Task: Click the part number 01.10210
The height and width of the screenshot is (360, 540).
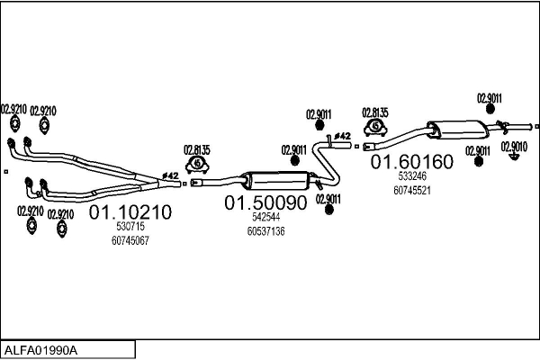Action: pyautogui.click(x=129, y=212)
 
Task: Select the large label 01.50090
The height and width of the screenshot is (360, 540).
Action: pyautogui.click(x=265, y=203)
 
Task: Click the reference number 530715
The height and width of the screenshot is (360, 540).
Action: pyautogui.click(x=130, y=229)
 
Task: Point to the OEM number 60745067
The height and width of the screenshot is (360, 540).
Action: pyautogui.click(x=130, y=240)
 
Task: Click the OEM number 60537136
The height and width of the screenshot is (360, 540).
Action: pyautogui.click(x=265, y=231)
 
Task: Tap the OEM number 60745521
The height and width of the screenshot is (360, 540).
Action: pyautogui.click(x=412, y=190)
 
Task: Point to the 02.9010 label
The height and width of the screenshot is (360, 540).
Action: pyautogui.click(x=514, y=146)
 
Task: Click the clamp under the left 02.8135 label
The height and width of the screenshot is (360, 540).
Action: pyautogui.click(x=198, y=165)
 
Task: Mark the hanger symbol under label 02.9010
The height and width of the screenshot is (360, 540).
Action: pyautogui.click(x=514, y=157)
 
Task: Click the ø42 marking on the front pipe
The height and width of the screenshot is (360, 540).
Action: pyautogui.click(x=169, y=175)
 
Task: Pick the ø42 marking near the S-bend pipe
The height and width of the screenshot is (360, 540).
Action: pyautogui.click(x=342, y=137)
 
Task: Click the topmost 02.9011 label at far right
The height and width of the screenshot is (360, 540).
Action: pyautogui.click(x=490, y=98)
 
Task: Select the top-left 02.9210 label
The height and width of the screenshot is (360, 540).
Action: pyautogui.click(x=13, y=109)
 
